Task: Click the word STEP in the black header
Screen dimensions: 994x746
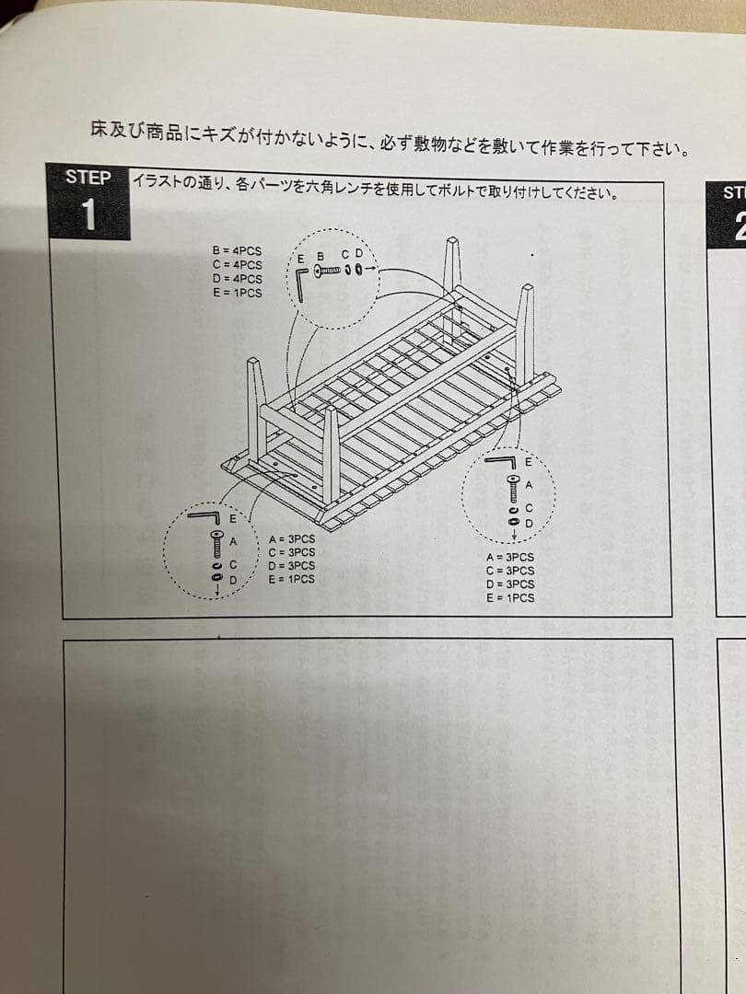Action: (x=88, y=178)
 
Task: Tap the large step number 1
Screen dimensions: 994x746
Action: (x=88, y=216)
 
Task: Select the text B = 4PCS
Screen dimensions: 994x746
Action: (x=237, y=249)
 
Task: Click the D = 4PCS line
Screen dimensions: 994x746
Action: (x=237, y=279)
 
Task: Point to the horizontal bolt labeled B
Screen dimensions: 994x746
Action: (x=329, y=270)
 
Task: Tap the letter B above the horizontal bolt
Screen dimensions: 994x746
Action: (x=321, y=255)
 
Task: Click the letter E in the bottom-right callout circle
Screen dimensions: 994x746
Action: (x=528, y=460)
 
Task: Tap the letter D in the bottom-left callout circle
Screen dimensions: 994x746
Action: (x=233, y=580)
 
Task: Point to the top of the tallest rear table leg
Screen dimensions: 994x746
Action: (x=452, y=243)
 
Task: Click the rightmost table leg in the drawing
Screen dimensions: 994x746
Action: (x=525, y=331)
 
